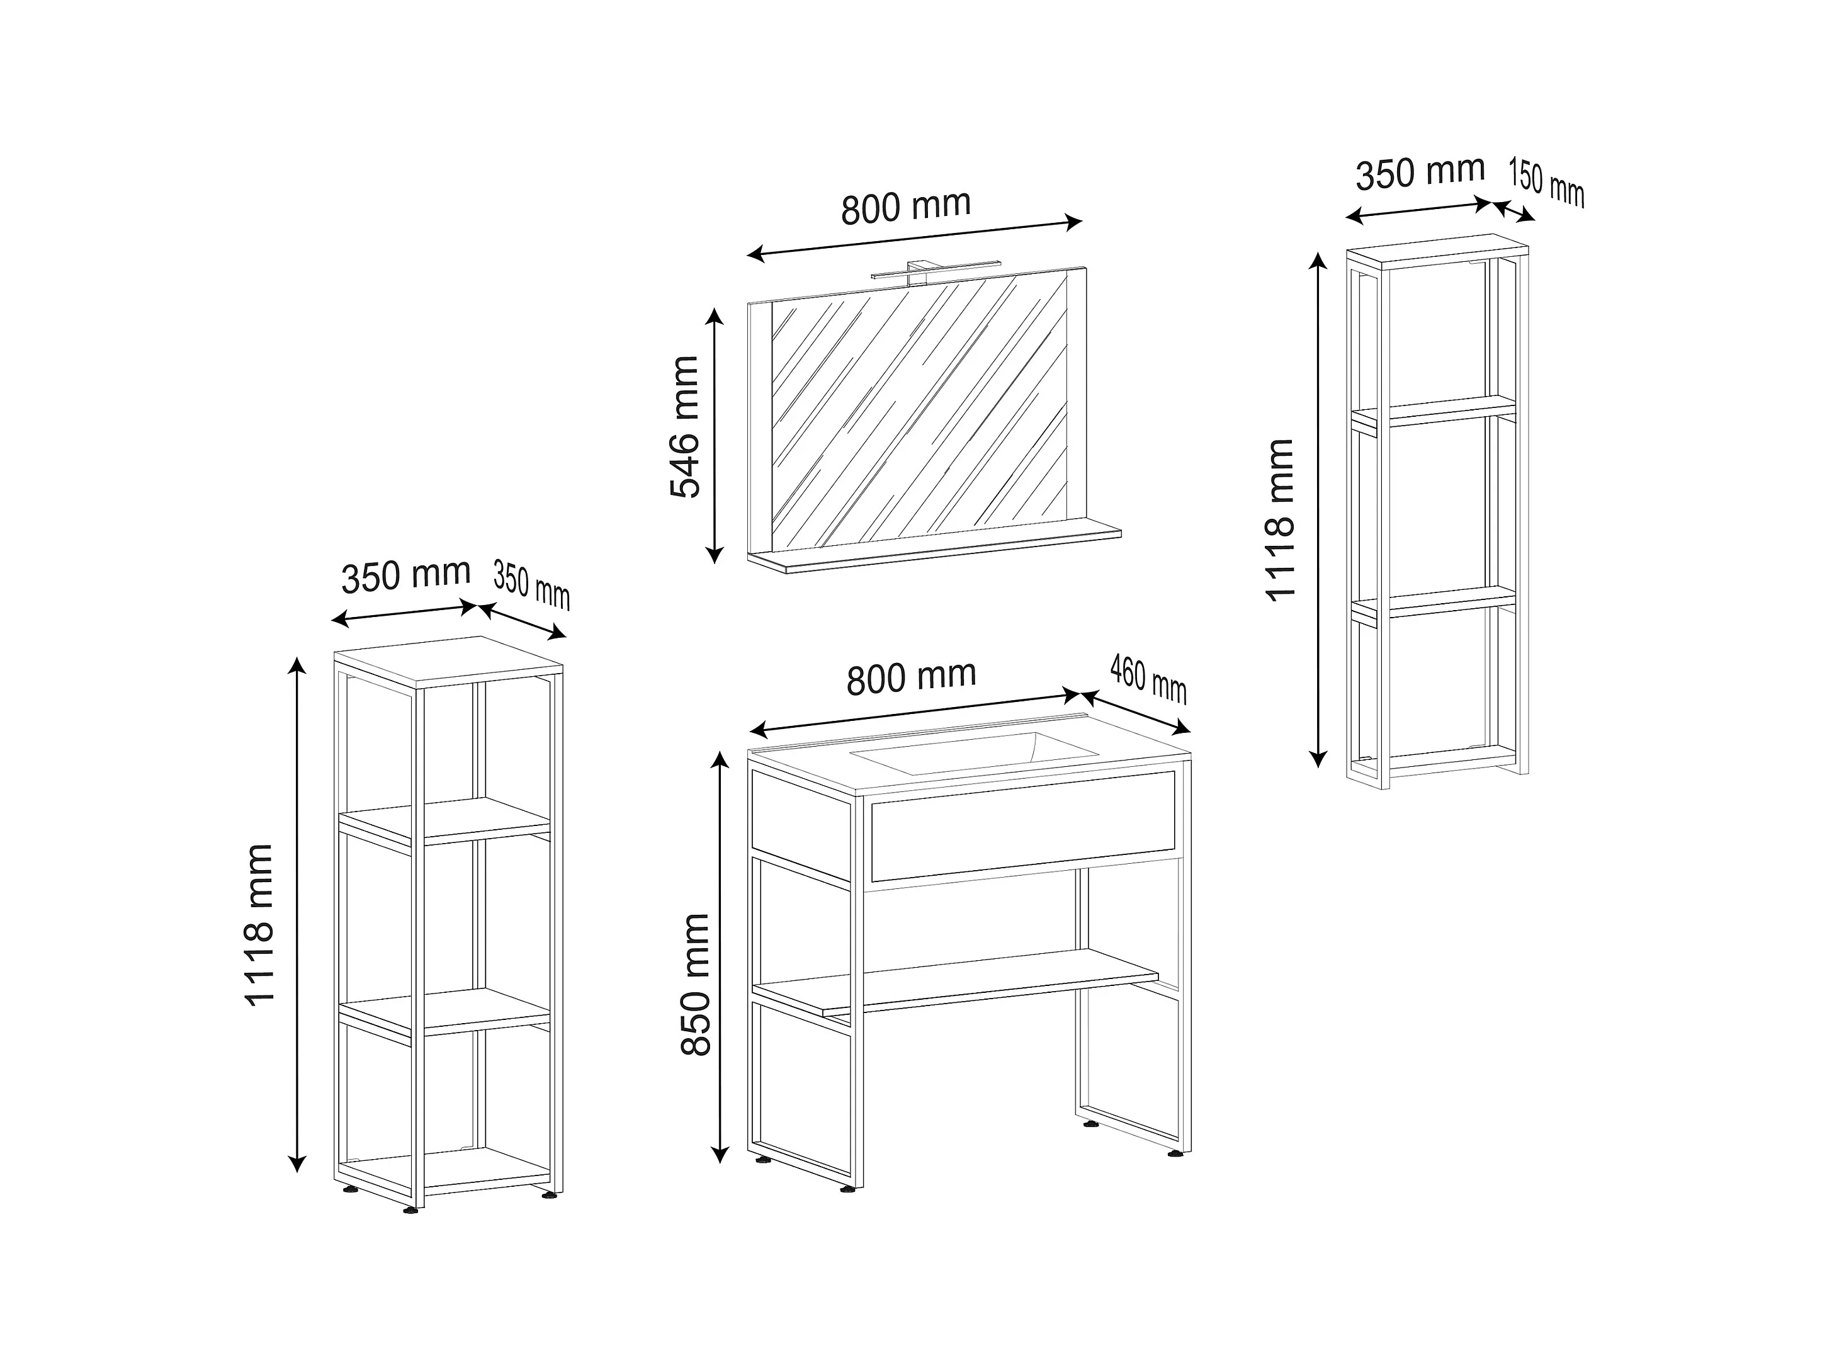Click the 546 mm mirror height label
click(685, 427)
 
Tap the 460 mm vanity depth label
click(1148, 679)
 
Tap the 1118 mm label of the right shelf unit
click(1279, 519)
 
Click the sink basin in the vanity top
click(975, 752)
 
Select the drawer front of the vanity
click(1022, 826)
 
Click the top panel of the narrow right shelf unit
click(1437, 252)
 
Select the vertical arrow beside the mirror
click(715, 435)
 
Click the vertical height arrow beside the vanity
click(721, 958)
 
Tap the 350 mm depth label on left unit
click(532, 585)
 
